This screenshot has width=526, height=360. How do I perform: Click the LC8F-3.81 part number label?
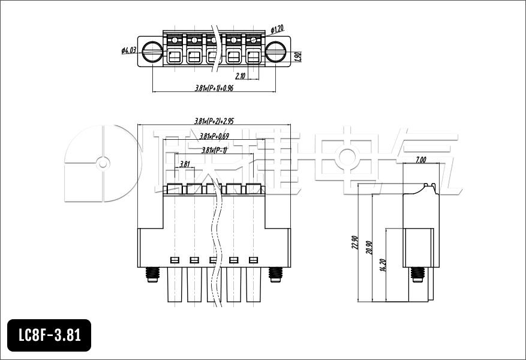coord(49,335)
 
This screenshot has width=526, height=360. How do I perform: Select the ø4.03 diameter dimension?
coord(129,51)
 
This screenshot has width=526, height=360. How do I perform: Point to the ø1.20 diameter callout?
coord(277,29)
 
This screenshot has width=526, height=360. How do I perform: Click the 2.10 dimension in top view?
coord(240,76)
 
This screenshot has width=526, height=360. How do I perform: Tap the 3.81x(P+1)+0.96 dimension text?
coord(214,88)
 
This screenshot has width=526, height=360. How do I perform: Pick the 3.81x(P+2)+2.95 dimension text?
coord(214,121)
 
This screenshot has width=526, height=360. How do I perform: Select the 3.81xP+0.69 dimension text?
coord(214,136)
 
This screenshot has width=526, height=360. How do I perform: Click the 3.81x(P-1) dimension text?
coord(214,150)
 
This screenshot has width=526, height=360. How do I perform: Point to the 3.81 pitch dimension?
coord(185,164)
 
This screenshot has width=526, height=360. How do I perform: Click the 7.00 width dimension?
coord(421,160)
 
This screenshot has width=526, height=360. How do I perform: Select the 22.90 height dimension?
coord(354,243)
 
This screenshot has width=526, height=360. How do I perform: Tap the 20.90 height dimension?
coord(369,247)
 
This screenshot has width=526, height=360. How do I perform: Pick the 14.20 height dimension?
coord(383,264)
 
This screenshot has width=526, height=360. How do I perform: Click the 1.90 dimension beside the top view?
coord(298,57)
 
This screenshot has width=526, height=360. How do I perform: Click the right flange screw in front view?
coord(275,275)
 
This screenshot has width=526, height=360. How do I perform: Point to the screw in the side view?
coord(417,275)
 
